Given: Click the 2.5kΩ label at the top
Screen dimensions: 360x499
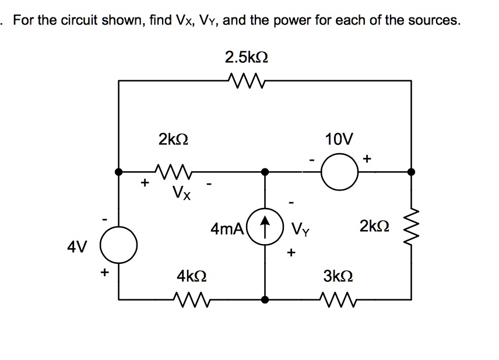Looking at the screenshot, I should pyautogui.click(x=247, y=57).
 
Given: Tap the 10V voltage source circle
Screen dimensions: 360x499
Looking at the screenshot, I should pyautogui.click(x=339, y=172).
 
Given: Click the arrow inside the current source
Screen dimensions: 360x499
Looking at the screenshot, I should pyautogui.click(x=265, y=224).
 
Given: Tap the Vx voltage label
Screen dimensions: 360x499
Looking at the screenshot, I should pyautogui.click(x=181, y=192).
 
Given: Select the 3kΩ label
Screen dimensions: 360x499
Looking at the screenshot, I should pyautogui.click(x=339, y=275).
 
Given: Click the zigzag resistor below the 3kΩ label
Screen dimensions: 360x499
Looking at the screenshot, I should pyautogui.click(x=338, y=299).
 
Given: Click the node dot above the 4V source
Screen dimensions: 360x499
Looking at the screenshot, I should pyautogui.click(x=119, y=172).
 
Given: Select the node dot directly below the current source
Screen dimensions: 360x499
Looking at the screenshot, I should pyautogui.click(x=265, y=299).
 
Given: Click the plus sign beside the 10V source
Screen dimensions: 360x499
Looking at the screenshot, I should pyautogui.click(x=367, y=158).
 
